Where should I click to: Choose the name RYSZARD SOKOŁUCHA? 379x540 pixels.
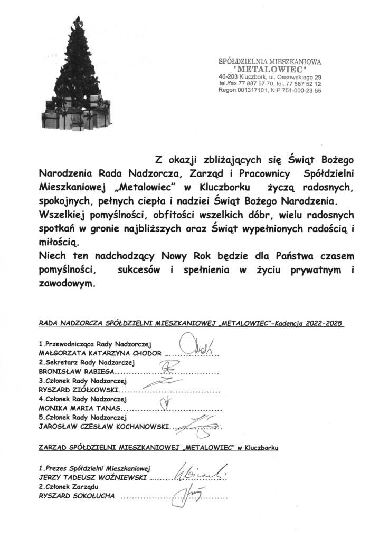tap(77, 496)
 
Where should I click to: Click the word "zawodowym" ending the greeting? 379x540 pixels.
tap(68, 283)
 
